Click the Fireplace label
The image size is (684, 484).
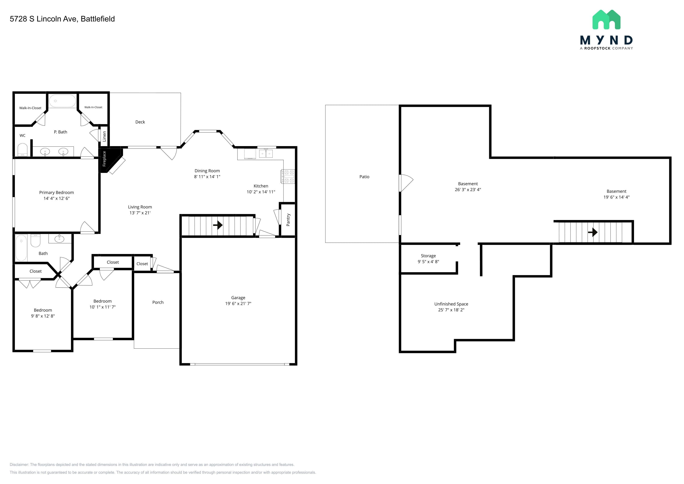point(104,159)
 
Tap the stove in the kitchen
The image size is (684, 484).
point(288,176)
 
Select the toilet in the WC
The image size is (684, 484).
point(23,150)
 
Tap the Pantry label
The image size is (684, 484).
point(288,220)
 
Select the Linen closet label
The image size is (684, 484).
point(104,137)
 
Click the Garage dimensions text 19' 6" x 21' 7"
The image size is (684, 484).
point(238,303)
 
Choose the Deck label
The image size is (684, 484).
point(140,122)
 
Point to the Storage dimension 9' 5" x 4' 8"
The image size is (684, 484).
point(428,262)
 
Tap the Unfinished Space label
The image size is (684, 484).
point(451,304)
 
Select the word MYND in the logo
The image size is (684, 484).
point(606,40)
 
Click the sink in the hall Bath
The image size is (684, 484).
point(59,239)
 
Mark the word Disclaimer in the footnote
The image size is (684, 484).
point(19,465)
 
